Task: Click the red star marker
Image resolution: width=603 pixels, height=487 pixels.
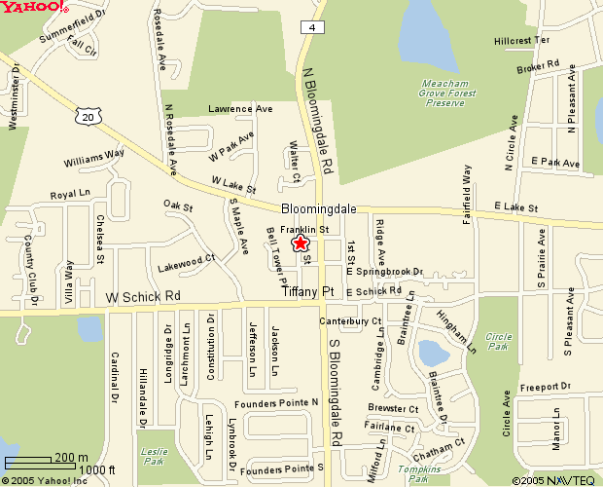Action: (301, 243)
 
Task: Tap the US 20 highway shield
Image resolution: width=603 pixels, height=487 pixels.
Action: (87, 116)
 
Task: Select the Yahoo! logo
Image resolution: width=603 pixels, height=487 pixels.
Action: (34, 8)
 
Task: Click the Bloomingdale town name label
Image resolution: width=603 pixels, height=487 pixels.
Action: (320, 209)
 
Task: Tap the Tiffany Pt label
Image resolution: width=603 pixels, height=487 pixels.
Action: (308, 290)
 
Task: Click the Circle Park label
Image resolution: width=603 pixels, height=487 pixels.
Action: (499, 340)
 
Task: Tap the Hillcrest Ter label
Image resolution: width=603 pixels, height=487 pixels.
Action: (522, 41)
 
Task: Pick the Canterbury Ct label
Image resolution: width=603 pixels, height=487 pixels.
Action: (350, 320)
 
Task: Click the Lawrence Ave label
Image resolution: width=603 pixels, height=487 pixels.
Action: (239, 109)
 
